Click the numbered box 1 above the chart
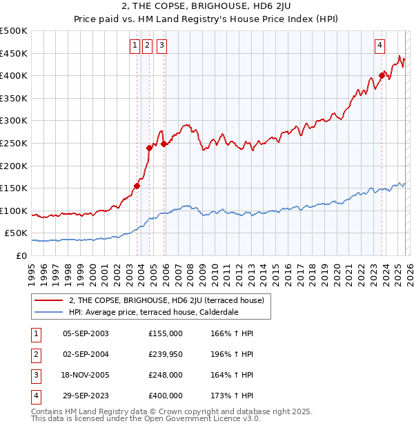pos(134,46)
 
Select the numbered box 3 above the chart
pos(161,46)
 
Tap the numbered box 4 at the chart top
pos(380,46)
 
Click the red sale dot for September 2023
pos(382,76)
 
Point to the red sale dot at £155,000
pos(137,186)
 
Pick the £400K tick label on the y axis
pos(14,75)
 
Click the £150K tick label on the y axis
pos(14,188)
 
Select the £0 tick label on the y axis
pos(21,255)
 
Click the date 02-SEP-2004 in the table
pos(86,354)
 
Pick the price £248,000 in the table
pos(165,375)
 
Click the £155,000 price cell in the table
pos(165,333)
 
